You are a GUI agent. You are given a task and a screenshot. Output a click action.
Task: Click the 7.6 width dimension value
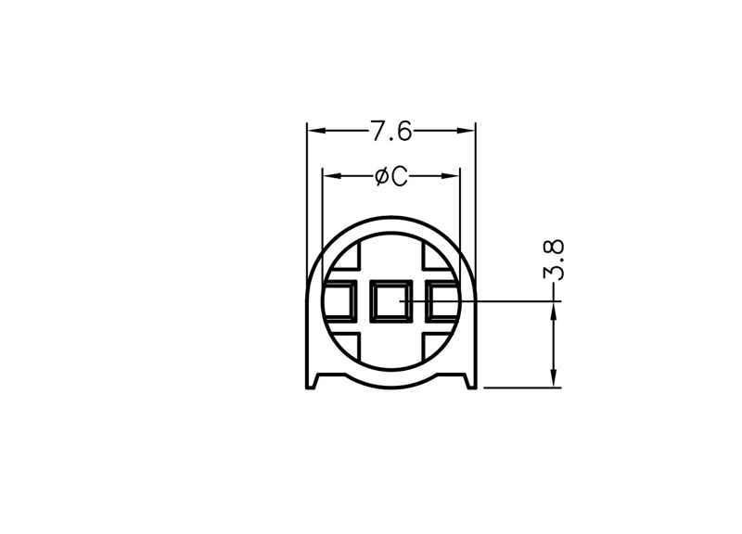point(390,131)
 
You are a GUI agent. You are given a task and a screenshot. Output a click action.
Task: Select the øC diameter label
point(390,176)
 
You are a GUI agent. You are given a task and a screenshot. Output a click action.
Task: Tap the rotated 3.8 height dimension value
point(553,261)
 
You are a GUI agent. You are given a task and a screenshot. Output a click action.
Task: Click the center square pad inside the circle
point(390,300)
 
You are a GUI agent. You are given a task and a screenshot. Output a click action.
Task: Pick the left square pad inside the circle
point(339,300)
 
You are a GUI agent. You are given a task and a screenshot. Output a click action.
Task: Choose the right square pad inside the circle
point(442,300)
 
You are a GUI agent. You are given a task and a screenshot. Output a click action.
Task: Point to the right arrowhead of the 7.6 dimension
point(466,131)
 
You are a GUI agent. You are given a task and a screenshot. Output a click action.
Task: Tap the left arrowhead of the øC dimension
point(332,176)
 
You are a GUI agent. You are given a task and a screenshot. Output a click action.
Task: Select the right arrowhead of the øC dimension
point(451,176)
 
